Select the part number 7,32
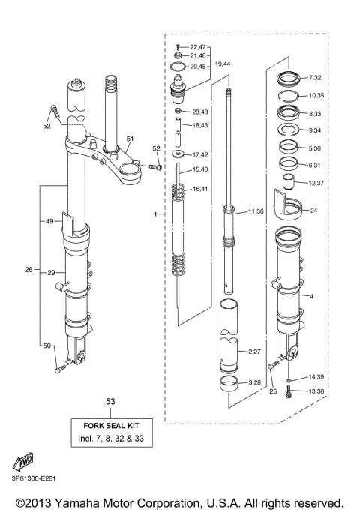pyautogui.click(x=314, y=78)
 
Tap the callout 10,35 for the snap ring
pyautogui.click(x=316, y=96)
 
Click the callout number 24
pyautogui.click(x=313, y=211)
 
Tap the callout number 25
pyautogui.click(x=274, y=392)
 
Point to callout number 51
pyautogui.click(x=129, y=139)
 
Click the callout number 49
pyautogui.click(x=50, y=221)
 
